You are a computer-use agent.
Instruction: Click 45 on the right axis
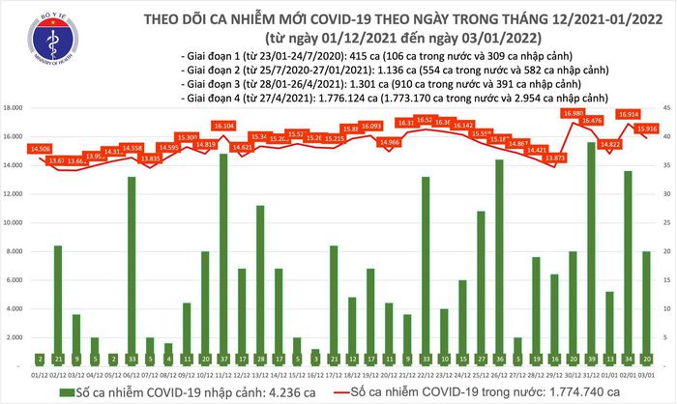click(665, 108)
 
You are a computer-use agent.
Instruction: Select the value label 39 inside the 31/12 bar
click(591, 356)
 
